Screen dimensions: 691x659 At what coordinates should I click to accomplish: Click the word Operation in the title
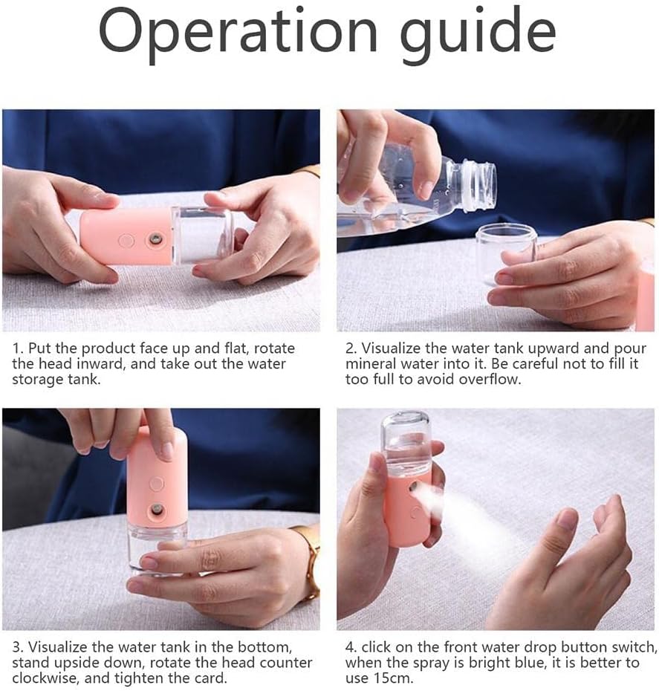pos(238,33)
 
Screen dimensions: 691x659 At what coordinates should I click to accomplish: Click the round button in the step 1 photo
pos(126,241)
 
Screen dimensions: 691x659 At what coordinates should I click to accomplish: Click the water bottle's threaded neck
pos(476,184)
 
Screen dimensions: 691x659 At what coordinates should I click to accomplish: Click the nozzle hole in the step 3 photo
pos(157,511)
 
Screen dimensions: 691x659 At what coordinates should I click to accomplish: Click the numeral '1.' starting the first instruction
pos(17,348)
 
